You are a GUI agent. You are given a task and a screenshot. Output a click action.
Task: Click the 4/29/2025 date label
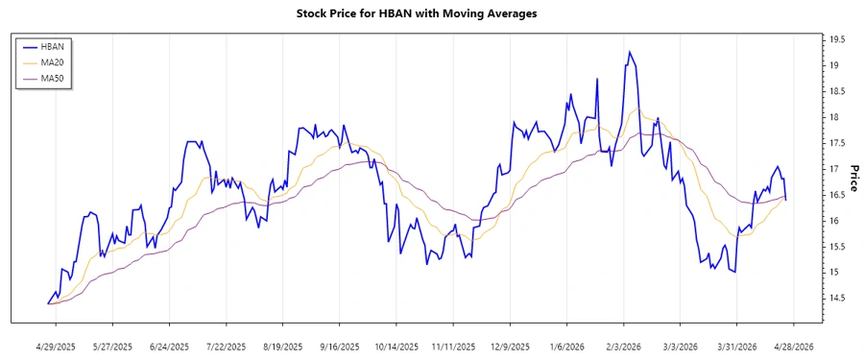tap(57, 346)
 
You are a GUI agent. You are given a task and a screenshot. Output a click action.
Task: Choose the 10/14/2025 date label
tap(396, 346)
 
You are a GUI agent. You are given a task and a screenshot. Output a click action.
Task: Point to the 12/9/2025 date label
tap(510, 346)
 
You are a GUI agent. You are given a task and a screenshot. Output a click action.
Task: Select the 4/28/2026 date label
tap(793, 346)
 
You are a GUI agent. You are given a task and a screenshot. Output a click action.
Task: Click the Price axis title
tap(852, 178)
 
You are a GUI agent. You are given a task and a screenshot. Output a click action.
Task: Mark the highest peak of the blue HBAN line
tap(630, 52)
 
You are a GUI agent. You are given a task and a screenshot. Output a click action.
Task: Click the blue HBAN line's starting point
tap(48, 303)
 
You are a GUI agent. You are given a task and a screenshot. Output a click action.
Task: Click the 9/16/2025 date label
tap(340, 346)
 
